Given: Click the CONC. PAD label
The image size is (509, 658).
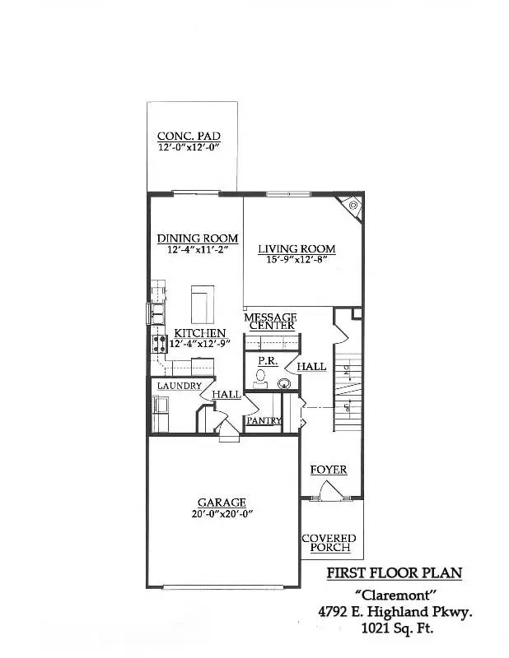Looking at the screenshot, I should coord(189,137).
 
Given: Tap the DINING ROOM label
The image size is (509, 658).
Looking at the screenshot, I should coord(198,239).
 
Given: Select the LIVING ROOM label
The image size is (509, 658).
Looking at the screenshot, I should coord(297,248).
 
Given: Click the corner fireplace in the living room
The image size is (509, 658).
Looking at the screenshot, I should coord(353,205).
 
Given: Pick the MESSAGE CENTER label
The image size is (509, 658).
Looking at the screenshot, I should coord(269,321).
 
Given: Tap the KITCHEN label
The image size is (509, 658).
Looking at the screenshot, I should coord(199,333).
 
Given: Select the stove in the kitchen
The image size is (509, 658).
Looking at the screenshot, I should coord(156,342).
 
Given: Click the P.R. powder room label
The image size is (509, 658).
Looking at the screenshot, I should coord(266,361).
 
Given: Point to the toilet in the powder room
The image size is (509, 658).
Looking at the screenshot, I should coord(260,377).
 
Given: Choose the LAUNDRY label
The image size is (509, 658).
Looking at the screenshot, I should coord(180,386).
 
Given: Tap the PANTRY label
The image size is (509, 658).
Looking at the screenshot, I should coord(264,420).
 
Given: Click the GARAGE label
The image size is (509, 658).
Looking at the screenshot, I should coord(222,503).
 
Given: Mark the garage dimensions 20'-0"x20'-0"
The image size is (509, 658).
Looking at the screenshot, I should coord(222,514).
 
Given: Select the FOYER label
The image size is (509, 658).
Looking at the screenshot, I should coord(328,470).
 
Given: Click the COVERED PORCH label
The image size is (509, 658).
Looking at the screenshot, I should coord(329,543).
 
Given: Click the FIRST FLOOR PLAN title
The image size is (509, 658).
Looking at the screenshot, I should coord(394,572).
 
